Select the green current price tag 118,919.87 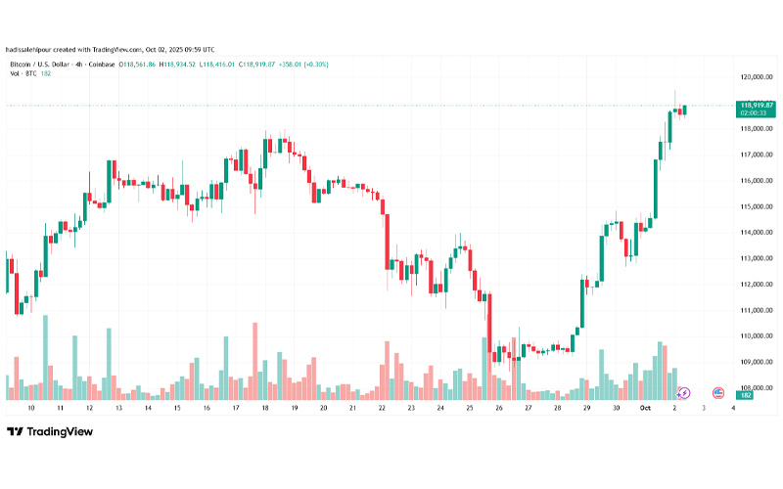[757, 105]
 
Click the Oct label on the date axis [645, 407]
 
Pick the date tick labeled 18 [265, 407]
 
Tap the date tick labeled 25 [470, 407]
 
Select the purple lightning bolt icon [683, 393]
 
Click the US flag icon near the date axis [717, 393]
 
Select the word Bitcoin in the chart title [22, 65]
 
